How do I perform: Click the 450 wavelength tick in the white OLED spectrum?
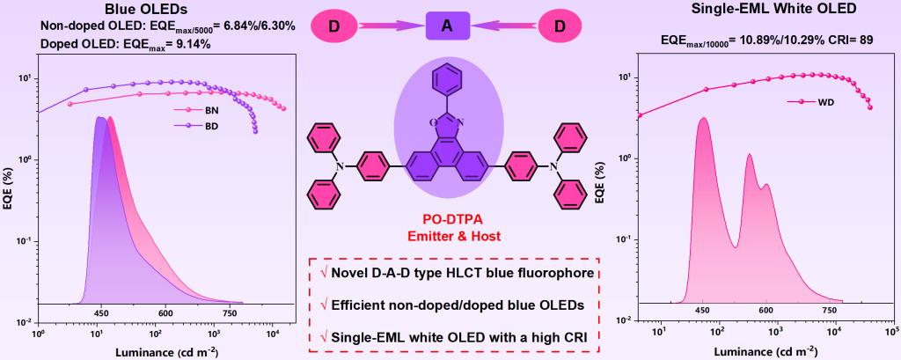pyautogui.click(x=702, y=310)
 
